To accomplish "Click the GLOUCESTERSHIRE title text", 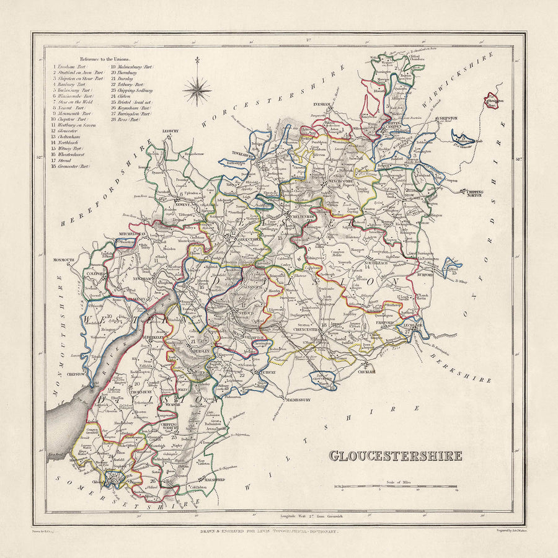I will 395,456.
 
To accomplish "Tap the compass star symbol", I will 197,91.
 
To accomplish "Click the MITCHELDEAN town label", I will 132,234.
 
